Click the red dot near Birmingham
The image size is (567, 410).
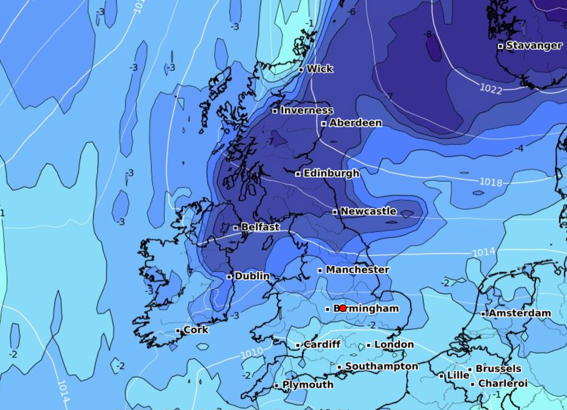(x=343, y=308)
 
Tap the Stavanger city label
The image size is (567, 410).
(x=533, y=45)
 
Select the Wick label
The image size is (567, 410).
(x=319, y=69)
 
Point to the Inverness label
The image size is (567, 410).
(x=307, y=110)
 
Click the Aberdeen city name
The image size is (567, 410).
(x=355, y=123)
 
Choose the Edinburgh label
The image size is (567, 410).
(x=331, y=173)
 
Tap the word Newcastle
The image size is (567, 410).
(x=368, y=211)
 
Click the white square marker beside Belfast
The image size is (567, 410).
(x=236, y=228)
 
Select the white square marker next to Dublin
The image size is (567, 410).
(x=230, y=277)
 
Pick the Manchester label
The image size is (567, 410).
(x=357, y=269)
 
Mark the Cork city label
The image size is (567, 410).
(x=196, y=330)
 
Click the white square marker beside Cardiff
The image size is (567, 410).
(x=299, y=345)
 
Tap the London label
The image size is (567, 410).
(x=394, y=345)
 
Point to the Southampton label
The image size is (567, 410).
(x=381, y=366)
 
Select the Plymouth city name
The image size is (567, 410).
(x=308, y=385)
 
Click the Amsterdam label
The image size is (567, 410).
(x=520, y=313)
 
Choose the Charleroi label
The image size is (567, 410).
(x=503, y=383)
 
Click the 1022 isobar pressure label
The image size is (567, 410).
(x=491, y=88)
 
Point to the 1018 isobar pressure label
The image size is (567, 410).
(x=491, y=182)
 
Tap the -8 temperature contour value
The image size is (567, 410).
(x=428, y=34)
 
